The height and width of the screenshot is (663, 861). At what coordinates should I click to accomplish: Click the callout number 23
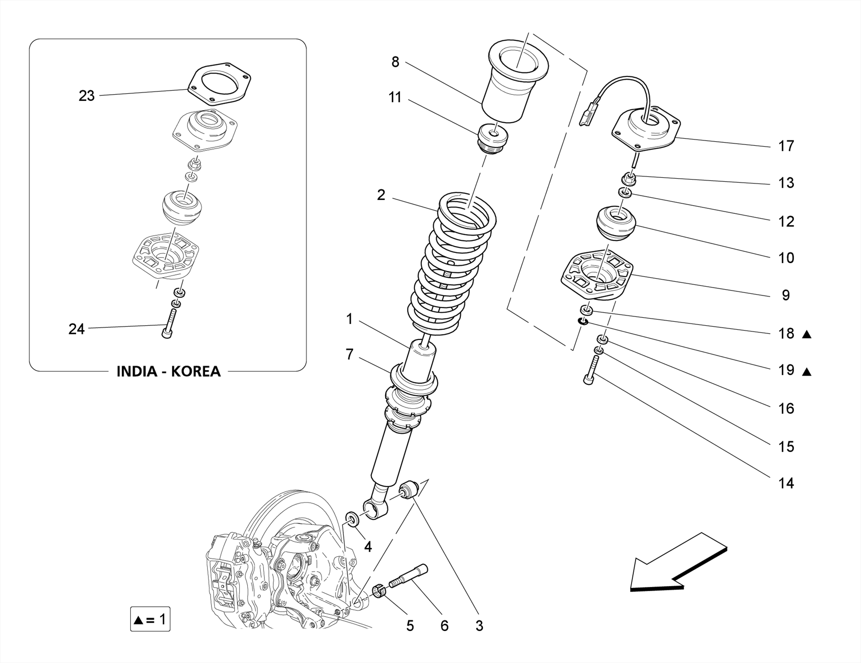pos(87,96)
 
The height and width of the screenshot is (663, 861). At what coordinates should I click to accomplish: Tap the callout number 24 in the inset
pos(77,329)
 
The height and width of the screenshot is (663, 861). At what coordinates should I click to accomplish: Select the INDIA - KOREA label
pos(168,371)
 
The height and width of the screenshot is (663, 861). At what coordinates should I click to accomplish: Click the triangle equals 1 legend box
pos(150,619)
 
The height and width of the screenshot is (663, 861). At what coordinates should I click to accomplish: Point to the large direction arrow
pos(677,563)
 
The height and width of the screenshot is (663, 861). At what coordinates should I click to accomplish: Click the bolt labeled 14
pos(591,370)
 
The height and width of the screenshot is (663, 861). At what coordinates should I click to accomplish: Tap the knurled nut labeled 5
pos(380,592)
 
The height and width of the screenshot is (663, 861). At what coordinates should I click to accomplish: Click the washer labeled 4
pos(352,519)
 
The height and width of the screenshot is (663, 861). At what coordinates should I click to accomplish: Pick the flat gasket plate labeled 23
pos(219,84)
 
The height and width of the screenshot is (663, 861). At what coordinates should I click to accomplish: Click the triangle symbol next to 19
pos(806,371)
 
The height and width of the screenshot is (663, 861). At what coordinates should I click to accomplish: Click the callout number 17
pos(786,146)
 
